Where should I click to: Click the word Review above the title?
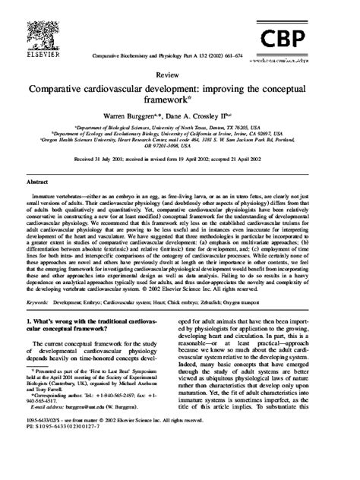(180, 77)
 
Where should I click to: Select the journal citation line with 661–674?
(180, 57)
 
